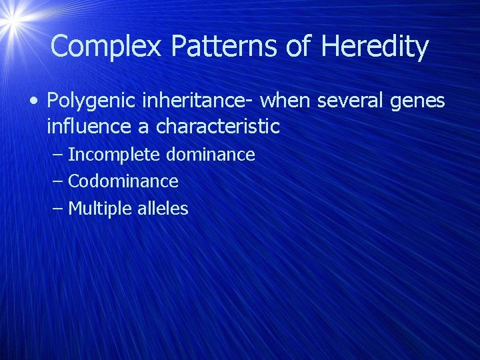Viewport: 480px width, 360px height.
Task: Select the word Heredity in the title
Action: [375, 47]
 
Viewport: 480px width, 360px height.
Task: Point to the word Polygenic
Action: [89, 101]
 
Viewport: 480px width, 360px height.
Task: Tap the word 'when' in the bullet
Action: [286, 101]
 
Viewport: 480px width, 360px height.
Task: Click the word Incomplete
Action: [114, 155]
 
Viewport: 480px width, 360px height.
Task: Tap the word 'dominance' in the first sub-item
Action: [210, 155]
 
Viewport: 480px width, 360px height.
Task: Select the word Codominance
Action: [123, 181]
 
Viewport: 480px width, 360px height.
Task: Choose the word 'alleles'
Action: [163, 209]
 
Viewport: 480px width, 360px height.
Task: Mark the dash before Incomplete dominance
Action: [58, 155]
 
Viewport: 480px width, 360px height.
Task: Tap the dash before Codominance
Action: [58, 182]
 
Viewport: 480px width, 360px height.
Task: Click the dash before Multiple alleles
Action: [58, 209]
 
